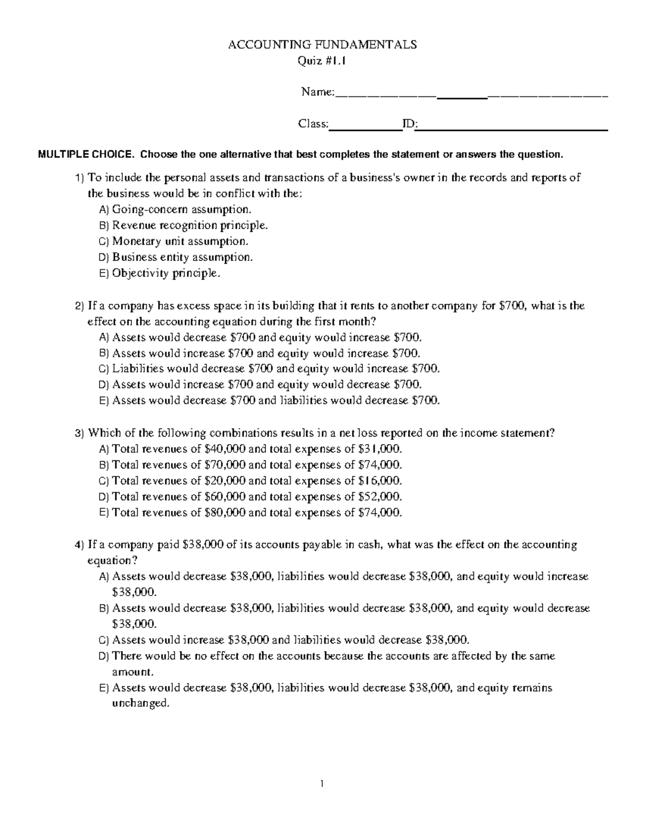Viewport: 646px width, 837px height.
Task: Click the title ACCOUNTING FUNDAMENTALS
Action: (322, 45)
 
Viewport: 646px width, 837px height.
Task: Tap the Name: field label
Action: (318, 92)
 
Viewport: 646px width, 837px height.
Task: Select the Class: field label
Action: (313, 124)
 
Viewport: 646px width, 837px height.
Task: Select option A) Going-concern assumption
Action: (175, 209)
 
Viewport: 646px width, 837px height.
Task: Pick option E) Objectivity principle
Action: (160, 273)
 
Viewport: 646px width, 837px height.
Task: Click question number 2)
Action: (80, 306)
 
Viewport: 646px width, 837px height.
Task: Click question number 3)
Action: (80, 433)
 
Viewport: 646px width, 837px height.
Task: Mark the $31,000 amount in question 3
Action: (380, 449)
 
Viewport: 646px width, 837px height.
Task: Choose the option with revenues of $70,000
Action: (250, 465)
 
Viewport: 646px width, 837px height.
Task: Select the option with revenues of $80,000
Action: (250, 513)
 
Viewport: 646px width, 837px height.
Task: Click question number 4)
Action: (80, 545)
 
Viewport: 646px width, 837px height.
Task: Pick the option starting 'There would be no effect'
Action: (333, 656)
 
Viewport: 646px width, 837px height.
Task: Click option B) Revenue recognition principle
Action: (183, 225)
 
